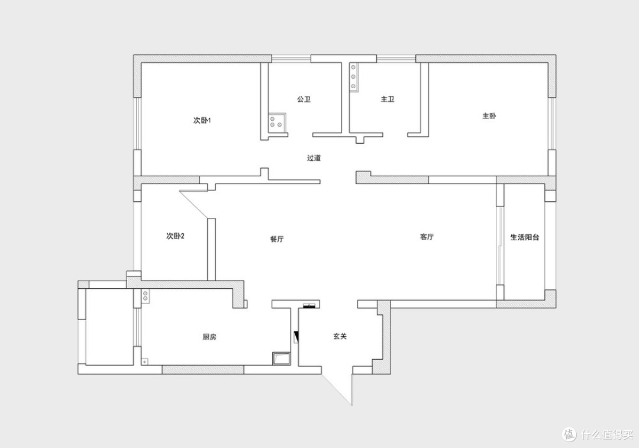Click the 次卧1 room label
tap(202, 120)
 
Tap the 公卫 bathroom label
tap(304, 99)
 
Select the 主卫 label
tap(388, 99)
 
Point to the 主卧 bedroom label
tap(489, 116)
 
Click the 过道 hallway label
tap(314, 158)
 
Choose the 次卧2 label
tap(175, 236)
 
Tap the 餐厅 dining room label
tap(277, 239)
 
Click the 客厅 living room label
tap(427, 237)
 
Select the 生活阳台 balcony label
tap(525, 237)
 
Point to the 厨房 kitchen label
tap(209, 337)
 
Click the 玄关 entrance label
tap(340, 336)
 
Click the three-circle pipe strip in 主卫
tap(353, 76)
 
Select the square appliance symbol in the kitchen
tap(281, 358)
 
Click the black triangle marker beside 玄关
tap(296, 337)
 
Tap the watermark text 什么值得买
tap(607, 434)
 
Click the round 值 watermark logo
tap(569, 434)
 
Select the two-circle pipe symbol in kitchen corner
tap(146, 296)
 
